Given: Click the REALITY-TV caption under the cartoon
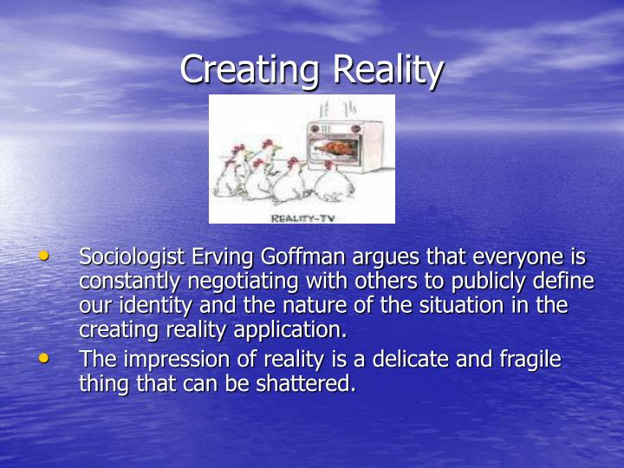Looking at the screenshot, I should coord(302,218).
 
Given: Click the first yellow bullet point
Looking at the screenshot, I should coord(44,257).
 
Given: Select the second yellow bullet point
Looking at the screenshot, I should coord(44,357).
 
